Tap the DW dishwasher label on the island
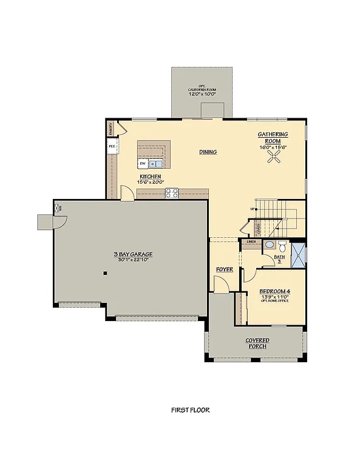(x=142, y=164)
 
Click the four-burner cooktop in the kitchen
(x=172, y=194)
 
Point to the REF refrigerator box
(x=112, y=147)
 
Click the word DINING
(x=208, y=152)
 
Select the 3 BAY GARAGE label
(x=132, y=254)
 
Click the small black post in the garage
(x=105, y=274)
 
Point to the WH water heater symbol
(x=59, y=208)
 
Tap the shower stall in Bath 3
(x=298, y=254)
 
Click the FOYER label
(x=225, y=269)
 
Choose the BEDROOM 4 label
(x=274, y=291)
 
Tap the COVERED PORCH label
(x=257, y=344)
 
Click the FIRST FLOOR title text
(x=190, y=410)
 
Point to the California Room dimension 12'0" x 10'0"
(x=202, y=94)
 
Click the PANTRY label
(x=111, y=128)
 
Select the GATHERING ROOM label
(x=273, y=137)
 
